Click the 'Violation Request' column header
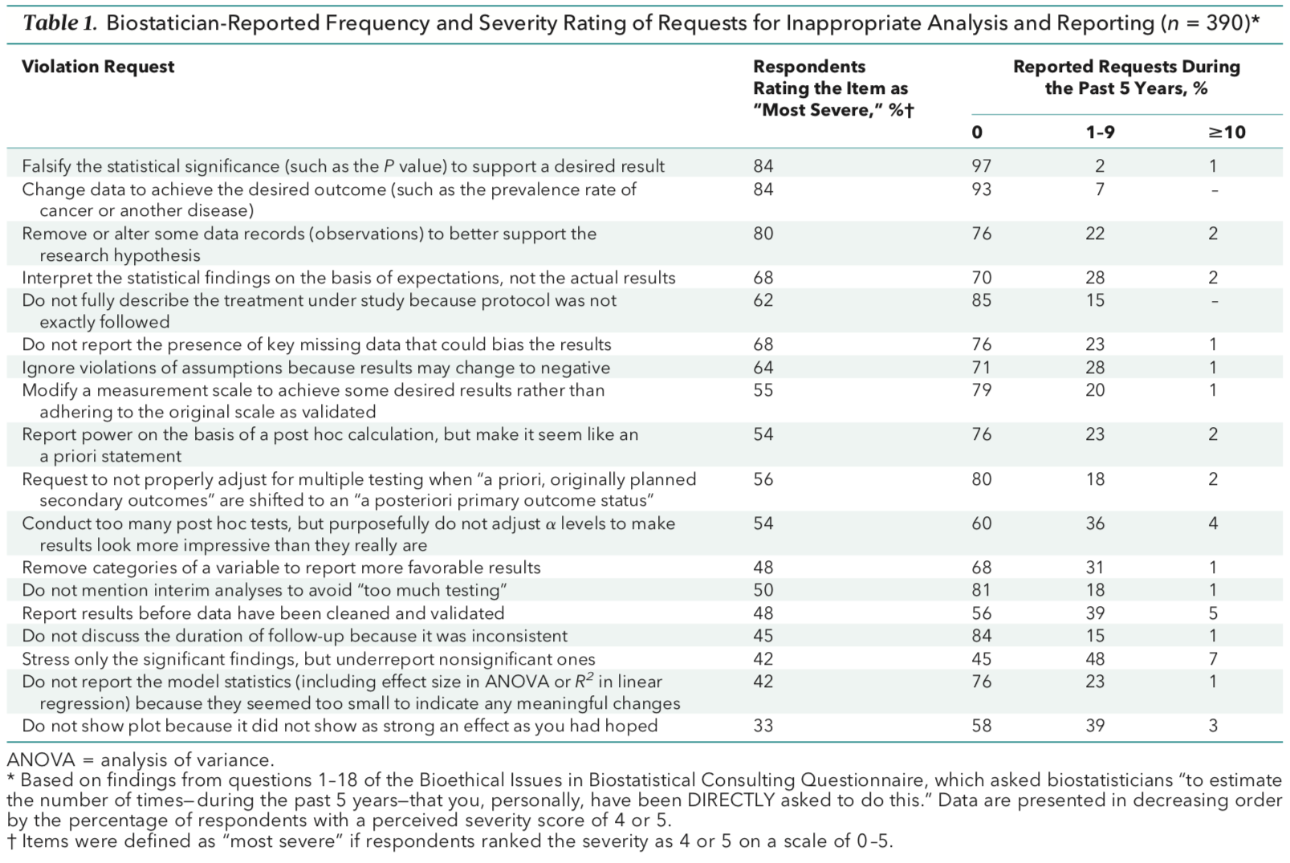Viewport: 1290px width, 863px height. click(x=98, y=67)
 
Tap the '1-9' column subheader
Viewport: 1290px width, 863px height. click(x=1100, y=132)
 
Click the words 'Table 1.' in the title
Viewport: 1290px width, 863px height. click(x=60, y=22)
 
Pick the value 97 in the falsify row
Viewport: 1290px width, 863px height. click(x=981, y=166)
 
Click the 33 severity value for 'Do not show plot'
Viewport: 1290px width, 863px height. click(x=763, y=726)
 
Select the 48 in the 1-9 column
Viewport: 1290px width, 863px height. click(x=1094, y=659)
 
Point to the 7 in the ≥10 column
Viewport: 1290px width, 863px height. click(x=1213, y=659)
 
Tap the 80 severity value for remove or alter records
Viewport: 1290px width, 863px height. click(x=763, y=234)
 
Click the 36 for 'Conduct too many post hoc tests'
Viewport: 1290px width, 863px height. click(x=1094, y=523)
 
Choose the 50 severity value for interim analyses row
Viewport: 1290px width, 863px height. click(x=763, y=590)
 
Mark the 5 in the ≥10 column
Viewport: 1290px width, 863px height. click(x=1213, y=613)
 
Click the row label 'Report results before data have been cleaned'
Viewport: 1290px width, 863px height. click(x=263, y=613)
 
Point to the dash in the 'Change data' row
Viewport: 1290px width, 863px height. click(x=1215, y=190)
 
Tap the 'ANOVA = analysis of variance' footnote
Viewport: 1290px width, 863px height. click(x=140, y=759)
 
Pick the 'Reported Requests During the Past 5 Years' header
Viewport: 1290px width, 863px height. click(x=1125, y=77)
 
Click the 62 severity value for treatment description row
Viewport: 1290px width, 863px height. click(x=763, y=300)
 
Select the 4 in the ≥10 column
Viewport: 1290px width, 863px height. click(x=1213, y=523)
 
